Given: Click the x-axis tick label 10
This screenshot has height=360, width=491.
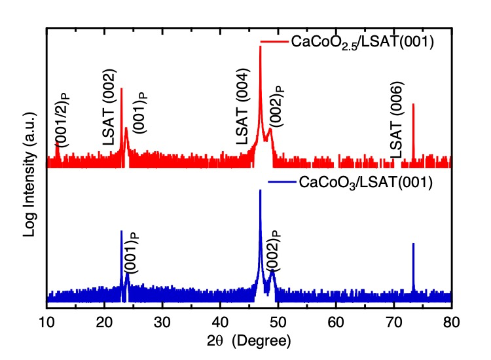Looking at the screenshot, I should point(46,321).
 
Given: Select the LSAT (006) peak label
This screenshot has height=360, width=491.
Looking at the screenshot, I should point(397,120).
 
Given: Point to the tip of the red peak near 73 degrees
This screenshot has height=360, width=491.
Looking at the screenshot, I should point(413,103).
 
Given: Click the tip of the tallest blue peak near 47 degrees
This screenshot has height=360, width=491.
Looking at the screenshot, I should point(261,190).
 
